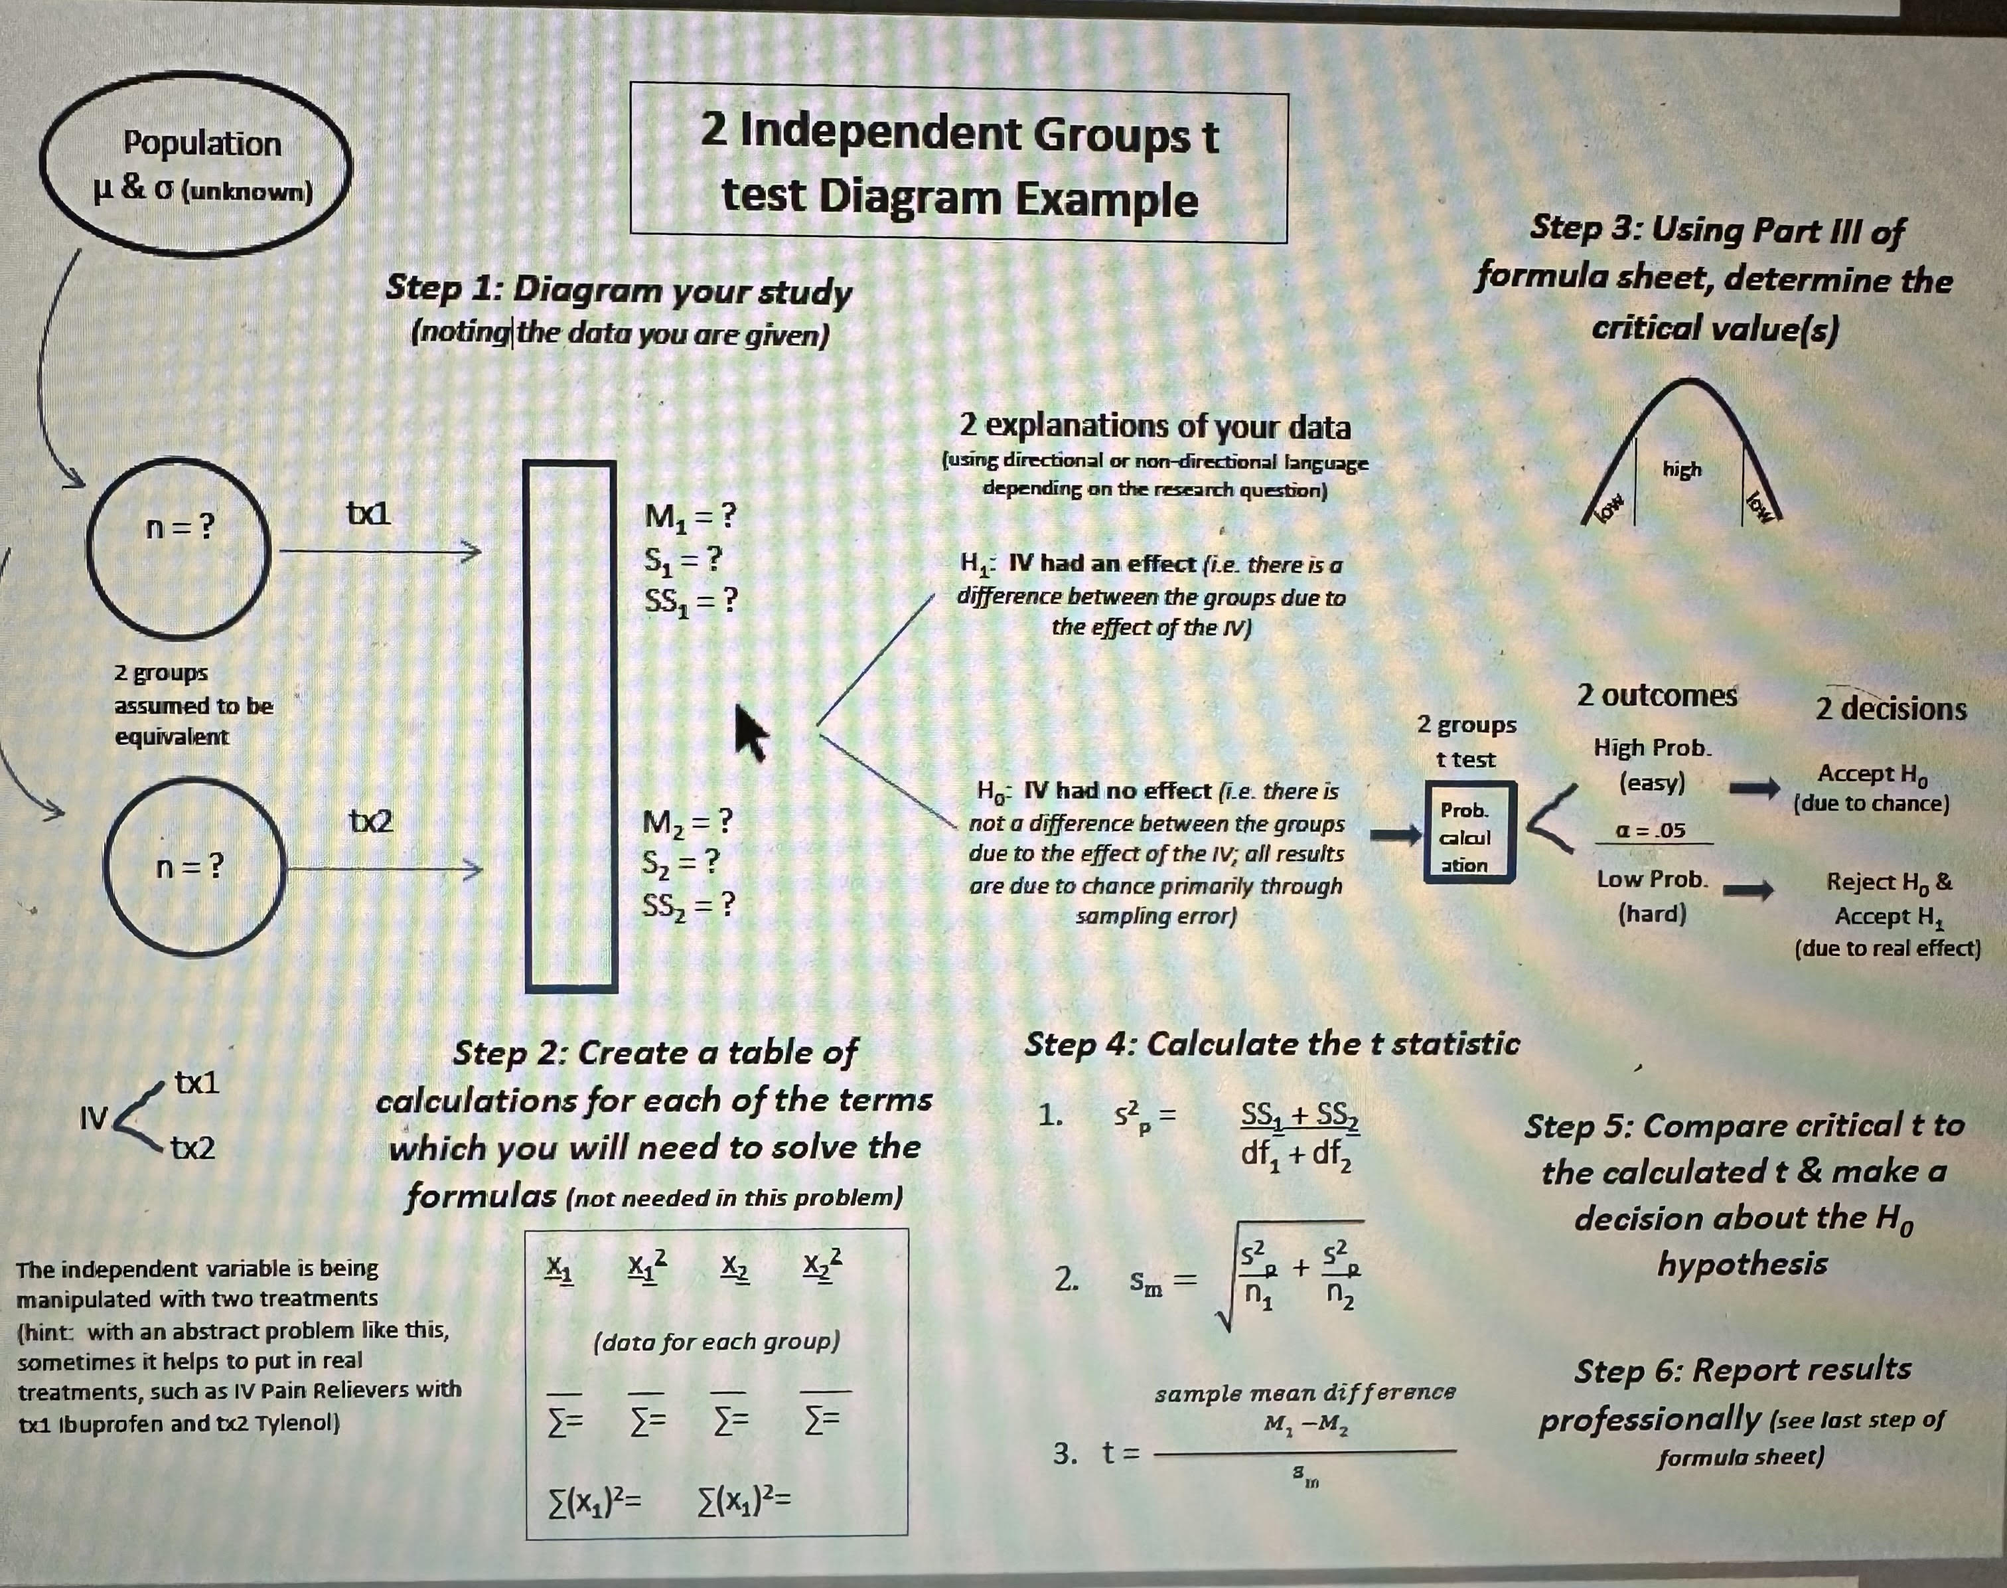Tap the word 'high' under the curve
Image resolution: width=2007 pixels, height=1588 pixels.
[x=1682, y=469]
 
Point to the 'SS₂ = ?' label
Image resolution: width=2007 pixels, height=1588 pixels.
[x=688, y=904]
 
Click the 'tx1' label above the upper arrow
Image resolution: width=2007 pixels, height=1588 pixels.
[x=369, y=513]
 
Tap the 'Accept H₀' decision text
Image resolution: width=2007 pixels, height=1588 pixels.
[x=1872, y=773]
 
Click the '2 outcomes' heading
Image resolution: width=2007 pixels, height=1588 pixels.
[x=1657, y=696]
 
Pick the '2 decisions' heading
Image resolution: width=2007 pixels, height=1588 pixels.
[x=1891, y=710]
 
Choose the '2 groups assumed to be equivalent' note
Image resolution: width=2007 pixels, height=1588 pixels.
[x=193, y=705]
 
